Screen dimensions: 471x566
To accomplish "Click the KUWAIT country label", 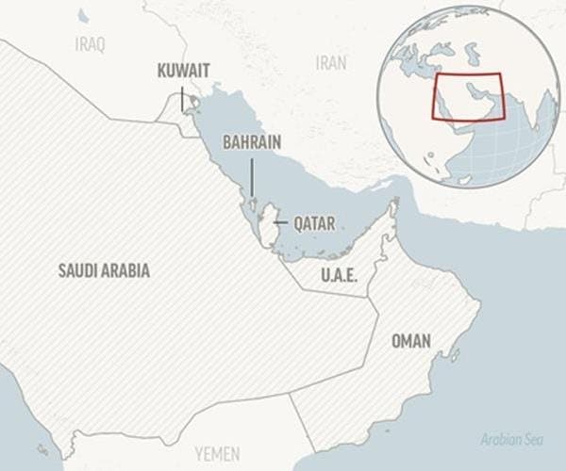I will click(x=184, y=70).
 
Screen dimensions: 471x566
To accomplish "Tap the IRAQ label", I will click(x=90, y=44).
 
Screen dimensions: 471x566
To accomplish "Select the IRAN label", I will click(x=331, y=63).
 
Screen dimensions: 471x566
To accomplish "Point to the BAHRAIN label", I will click(x=251, y=141).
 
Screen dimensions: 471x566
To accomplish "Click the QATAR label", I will click(x=315, y=224).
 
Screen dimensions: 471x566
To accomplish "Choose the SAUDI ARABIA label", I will click(x=104, y=270).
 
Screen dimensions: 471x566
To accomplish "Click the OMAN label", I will click(x=411, y=340).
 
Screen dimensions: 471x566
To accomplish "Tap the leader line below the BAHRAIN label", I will click(x=251, y=177).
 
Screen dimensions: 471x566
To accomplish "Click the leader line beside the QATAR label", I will click(x=281, y=224).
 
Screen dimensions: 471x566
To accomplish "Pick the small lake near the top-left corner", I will click(x=83, y=15).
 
